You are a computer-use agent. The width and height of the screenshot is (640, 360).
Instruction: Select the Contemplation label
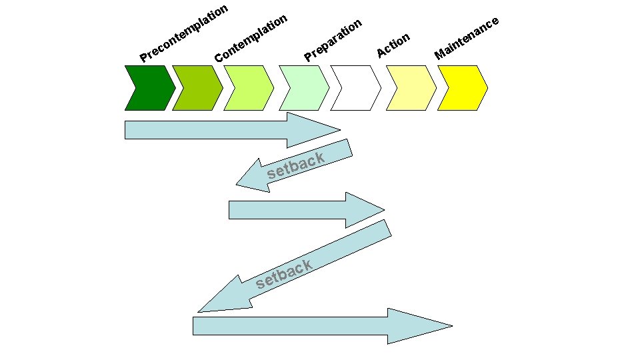click(x=251, y=39)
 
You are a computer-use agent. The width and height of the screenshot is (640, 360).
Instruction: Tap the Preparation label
click(x=333, y=40)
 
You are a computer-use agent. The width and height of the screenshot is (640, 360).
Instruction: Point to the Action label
click(x=393, y=45)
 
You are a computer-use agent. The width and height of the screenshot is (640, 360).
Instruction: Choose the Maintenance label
click(x=467, y=37)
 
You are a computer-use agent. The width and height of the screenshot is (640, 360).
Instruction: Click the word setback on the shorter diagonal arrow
click(x=296, y=167)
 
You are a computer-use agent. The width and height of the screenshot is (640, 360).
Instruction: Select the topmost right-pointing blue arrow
click(x=227, y=130)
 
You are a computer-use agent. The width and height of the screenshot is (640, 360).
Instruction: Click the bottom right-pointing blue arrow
click(x=300, y=326)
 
